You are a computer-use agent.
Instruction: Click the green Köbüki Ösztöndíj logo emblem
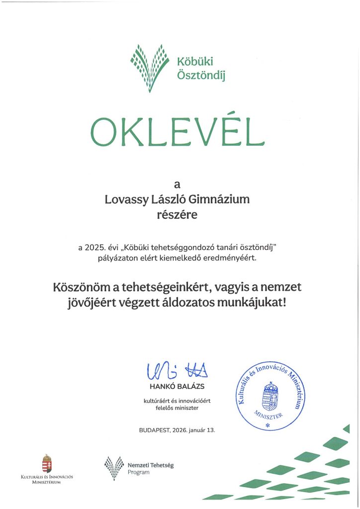tap(149, 68)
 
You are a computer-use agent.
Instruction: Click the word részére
tap(177, 215)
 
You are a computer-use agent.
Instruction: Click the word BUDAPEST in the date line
tap(156, 429)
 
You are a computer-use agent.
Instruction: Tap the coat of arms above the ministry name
tap(47, 464)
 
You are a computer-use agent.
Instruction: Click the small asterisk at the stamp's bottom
tap(268, 426)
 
